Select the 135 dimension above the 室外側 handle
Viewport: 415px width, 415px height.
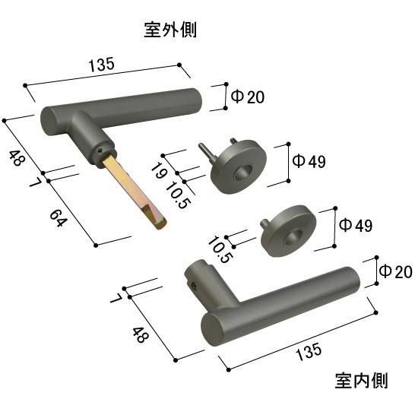(101, 65)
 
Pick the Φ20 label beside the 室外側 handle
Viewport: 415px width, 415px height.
(247, 97)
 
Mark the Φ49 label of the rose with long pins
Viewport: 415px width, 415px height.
(310, 161)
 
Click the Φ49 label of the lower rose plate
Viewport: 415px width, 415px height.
(355, 225)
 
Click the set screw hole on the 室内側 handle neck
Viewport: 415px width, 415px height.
(194, 287)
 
